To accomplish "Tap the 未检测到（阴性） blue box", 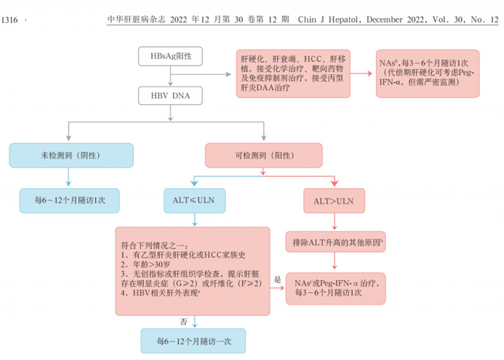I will click(x=71, y=155).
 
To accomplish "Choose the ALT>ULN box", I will click(x=333, y=199).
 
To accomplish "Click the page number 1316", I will click(x=10, y=19).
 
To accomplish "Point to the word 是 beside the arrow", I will click(x=277, y=279).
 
